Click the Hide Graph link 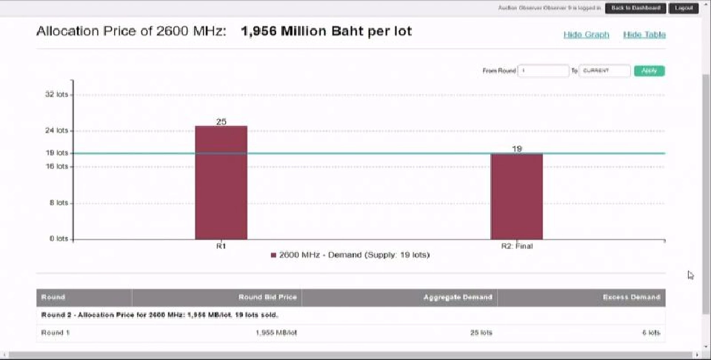[x=586, y=35]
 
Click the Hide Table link [x=644, y=35]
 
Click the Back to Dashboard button [x=635, y=8]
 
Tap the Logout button [x=684, y=8]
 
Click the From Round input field [x=543, y=71]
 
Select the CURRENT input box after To [x=604, y=71]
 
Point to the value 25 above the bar [x=221, y=121]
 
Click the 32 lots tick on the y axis [x=56, y=94]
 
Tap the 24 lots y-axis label [x=56, y=130]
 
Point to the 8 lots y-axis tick [x=59, y=202]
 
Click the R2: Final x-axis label [x=516, y=246]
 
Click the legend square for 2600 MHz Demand [x=273, y=255]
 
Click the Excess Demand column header [x=631, y=297]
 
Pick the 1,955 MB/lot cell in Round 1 [x=276, y=333]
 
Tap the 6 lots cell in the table [x=650, y=333]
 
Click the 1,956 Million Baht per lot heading [x=326, y=32]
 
